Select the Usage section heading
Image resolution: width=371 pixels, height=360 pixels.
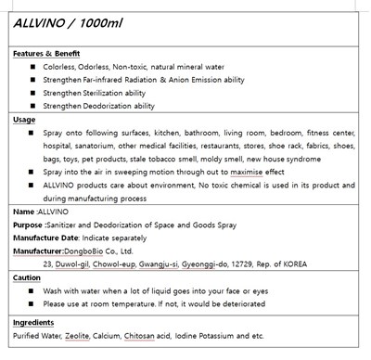(x=25, y=120)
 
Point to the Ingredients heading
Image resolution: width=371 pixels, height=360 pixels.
(x=34, y=321)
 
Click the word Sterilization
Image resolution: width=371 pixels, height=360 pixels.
(x=113, y=93)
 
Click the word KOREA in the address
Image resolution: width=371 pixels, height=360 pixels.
(x=320, y=264)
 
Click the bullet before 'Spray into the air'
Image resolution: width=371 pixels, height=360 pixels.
(x=32, y=172)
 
